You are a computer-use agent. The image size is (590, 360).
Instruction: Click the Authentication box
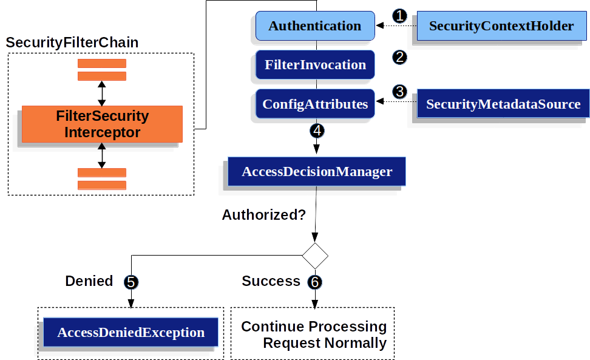[314, 26]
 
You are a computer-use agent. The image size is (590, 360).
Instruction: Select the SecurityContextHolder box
[501, 26]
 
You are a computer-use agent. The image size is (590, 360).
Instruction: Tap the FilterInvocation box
[314, 65]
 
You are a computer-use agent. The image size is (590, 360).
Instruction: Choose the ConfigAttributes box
[314, 104]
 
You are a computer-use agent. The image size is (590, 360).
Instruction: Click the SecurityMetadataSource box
[503, 104]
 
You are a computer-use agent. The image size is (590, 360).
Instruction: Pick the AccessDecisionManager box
[316, 172]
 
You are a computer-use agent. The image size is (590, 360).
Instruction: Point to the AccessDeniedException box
[131, 333]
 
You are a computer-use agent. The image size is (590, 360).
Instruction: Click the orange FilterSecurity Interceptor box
[102, 124]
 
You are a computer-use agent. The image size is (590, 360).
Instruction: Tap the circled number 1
[399, 16]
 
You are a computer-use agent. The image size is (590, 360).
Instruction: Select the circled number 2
[399, 57]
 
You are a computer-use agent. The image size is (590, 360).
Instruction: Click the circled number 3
[399, 92]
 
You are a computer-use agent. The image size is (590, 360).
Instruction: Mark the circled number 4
[316, 130]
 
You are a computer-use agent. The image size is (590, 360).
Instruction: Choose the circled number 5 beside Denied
[131, 282]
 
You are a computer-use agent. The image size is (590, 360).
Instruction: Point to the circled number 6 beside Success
[314, 282]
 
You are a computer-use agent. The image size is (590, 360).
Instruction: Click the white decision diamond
[315, 256]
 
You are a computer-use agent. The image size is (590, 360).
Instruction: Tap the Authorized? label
[263, 215]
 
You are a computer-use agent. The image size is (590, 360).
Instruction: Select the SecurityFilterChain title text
[72, 42]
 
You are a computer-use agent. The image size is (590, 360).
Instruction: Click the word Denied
[89, 281]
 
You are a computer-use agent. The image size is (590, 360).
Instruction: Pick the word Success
[271, 281]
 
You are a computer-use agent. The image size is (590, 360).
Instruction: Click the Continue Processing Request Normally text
[314, 335]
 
